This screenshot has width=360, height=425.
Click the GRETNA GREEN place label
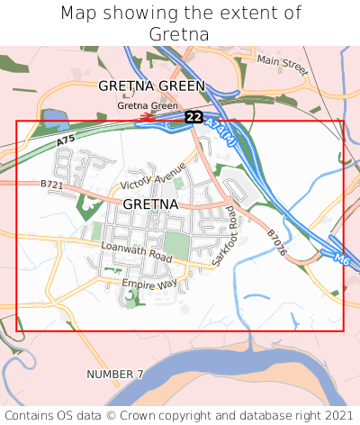(x=151, y=86)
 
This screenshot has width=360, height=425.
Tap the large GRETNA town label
(x=150, y=204)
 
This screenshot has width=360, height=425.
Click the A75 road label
(x=65, y=142)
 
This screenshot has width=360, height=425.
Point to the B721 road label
(x=53, y=185)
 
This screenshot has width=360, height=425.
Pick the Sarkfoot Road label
(x=224, y=236)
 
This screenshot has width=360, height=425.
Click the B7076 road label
(x=275, y=242)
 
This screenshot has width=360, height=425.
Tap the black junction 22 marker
(x=193, y=117)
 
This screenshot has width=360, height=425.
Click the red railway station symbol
(x=146, y=116)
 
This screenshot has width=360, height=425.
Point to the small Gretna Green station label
(x=148, y=105)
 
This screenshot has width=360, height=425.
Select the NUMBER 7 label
(x=115, y=374)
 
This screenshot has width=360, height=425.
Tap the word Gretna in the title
(x=180, y=34)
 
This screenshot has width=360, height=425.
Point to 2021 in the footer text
(x=338, y=415)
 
